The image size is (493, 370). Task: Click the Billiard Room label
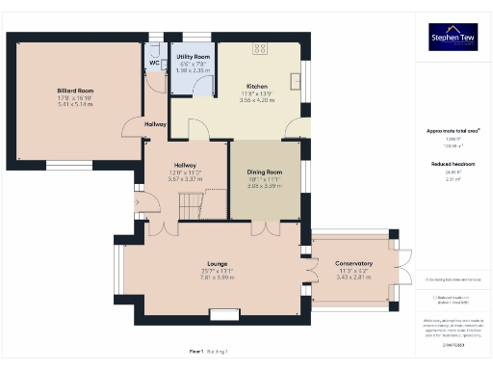pyautogui.click(x=74, y=91)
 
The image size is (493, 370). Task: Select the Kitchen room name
pyautogui.click(x=256, y=86)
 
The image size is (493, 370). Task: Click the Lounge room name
pyautogui.click(x=217, y=263)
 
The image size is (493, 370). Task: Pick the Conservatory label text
pyautogui.click(x=353, y=264)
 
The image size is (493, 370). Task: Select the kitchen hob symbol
pyautogui.click(x=260, y=47)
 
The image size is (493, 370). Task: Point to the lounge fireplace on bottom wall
pyautogui.click(x=224, y=312)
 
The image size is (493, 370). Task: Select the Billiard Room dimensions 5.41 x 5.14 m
pyautogui.click(x=74, y=104)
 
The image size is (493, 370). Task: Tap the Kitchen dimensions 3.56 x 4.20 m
pyautogui.click(x=256, y=99)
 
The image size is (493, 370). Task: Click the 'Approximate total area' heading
pyautogui.click(x=453, y=130)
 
